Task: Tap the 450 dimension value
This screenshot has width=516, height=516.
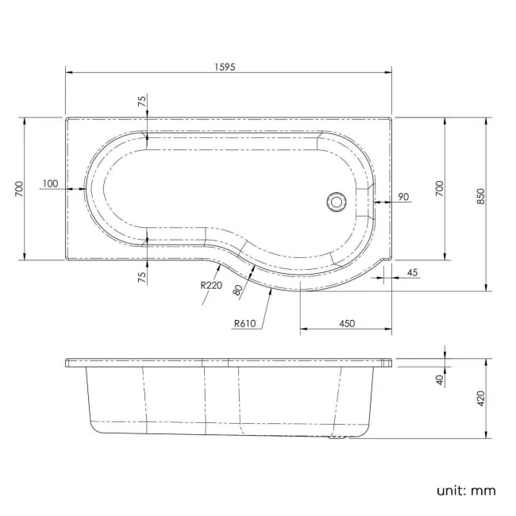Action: pos(346,323)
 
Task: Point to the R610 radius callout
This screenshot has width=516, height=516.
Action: pos(245,323)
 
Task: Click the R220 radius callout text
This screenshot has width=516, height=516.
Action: pos(210,285)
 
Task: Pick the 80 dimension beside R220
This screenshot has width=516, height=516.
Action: pos(237,290)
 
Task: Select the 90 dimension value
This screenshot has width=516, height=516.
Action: pos(402,196)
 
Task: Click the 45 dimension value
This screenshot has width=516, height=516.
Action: pos(412,272)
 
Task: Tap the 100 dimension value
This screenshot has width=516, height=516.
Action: pos(50,183)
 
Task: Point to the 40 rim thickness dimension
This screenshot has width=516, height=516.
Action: pos(439,379)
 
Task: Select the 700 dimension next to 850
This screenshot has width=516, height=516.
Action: pos(439,188)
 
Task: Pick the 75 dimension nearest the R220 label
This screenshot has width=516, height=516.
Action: pos(141,276)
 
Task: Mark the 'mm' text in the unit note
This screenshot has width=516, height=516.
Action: pos(485,490)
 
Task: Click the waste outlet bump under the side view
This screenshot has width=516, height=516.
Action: pos(338,437)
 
